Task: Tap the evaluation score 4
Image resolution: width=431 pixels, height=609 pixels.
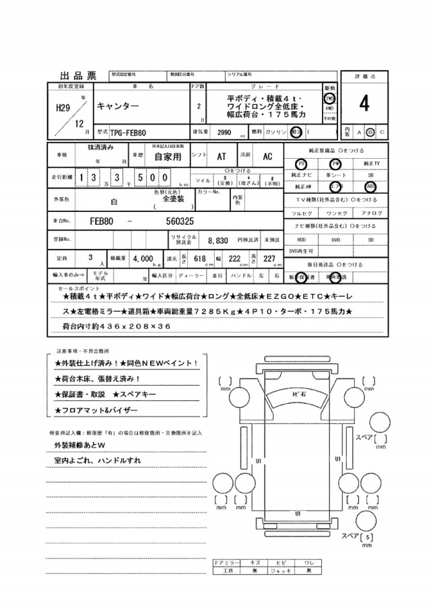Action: [364, 104]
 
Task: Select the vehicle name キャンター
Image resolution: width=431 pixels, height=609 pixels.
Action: [118, 107]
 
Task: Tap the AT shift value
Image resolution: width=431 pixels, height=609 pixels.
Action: [222, 156]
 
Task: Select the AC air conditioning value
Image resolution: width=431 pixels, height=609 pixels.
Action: [267, 156]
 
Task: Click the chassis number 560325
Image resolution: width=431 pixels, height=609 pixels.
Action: [180, 220]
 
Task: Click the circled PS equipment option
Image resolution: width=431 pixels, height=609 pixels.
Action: [301, 164]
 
